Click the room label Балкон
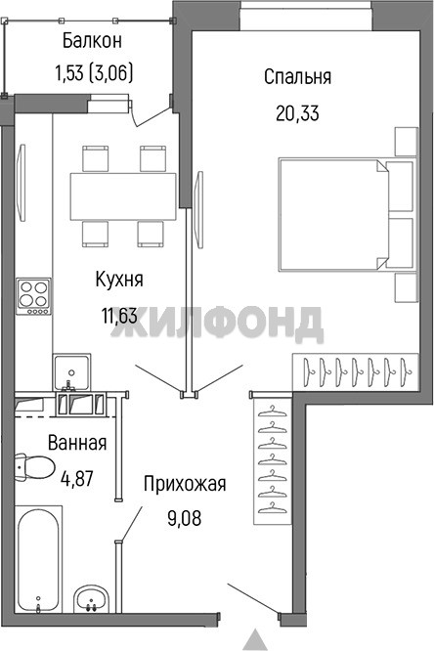92,41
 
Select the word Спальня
298,77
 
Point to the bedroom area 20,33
297,113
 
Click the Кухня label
119,280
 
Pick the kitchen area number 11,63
119,316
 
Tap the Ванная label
77,443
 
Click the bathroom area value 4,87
77,478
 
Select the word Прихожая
185,484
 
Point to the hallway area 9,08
185,519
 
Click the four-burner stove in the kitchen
33,296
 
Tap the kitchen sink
71,372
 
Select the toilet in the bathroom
35,467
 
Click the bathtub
38,559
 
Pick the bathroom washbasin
91,598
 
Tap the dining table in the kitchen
123,196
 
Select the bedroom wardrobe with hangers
356,372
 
